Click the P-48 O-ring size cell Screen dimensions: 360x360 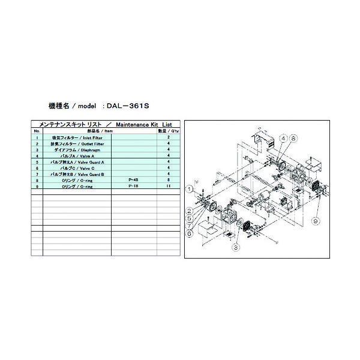click(134, 179)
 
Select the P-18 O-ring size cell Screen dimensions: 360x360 click(134, 185)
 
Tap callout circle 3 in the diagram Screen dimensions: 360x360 click(236, 246)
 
